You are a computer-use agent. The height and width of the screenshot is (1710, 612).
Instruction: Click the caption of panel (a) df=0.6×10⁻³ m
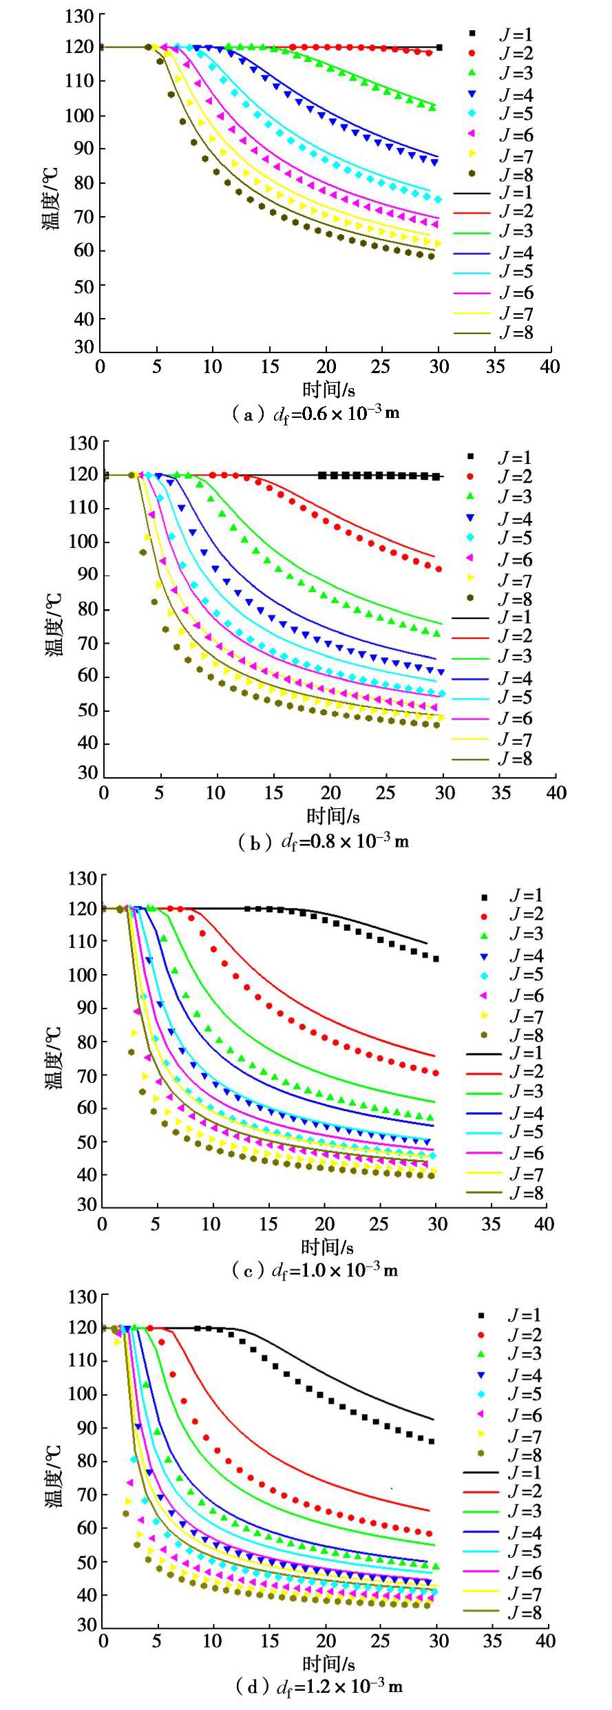click(x=317, y=414)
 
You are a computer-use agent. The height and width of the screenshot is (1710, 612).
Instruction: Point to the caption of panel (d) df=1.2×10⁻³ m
click(x=319, y=1686)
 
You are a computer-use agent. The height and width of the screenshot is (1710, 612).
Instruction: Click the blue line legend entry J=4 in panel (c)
click(x=484, y=1113)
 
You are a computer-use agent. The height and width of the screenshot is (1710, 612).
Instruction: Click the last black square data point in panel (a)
click(x=439, y=47)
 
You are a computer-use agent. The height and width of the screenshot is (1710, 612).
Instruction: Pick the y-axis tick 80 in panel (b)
click(x=83, y=610)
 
